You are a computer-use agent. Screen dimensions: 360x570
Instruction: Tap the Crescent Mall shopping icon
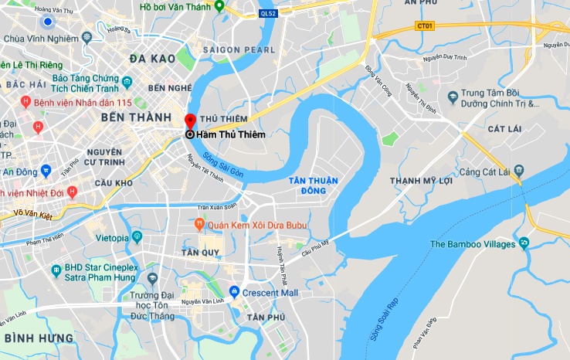click(234, 292)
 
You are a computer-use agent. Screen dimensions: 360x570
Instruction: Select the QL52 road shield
click(268, 13)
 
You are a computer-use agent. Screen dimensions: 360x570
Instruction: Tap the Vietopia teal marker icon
click(137, 236)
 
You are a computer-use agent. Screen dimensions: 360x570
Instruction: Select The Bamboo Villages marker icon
click(524, 244)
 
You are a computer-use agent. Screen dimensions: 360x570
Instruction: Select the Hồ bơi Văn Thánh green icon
click(219, 6)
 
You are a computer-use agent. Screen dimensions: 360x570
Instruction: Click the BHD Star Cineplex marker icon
click(56, 270)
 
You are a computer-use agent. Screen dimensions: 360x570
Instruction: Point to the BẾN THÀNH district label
click(129, 117)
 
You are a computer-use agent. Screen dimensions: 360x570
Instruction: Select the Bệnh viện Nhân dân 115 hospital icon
click(25, 102)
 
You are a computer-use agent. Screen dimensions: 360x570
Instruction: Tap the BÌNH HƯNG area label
click(39, 338)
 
